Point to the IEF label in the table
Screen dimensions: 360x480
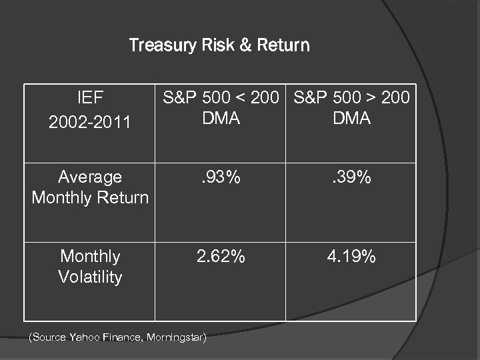tap(90, 99)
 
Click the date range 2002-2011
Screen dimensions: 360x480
tap(90, 123)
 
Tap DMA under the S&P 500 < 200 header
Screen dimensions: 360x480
tap(221, 118)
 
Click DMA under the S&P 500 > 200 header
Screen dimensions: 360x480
tap(351, 118)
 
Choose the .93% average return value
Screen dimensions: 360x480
tap(221, 177)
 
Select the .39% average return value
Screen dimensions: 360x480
tap(351, 177)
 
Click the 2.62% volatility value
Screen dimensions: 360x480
tap(221, 257)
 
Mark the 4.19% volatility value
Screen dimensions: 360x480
tap(351, 257)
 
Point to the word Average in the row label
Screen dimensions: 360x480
tap(90, 177)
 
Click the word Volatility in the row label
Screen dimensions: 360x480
tap(90, 277)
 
